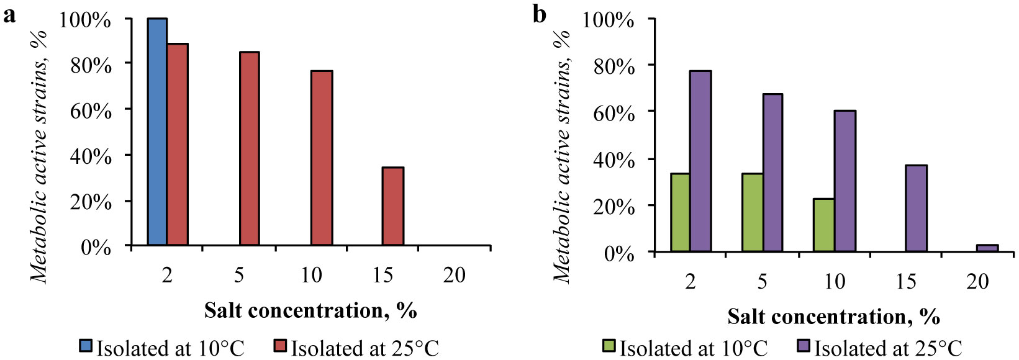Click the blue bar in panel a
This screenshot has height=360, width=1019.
point(157,132)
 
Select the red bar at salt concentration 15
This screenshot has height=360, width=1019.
point(393,206)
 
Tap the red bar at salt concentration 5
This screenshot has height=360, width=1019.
point(249,148)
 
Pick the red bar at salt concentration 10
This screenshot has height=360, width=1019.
point(322,158)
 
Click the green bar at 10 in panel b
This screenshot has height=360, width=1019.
point(824,225)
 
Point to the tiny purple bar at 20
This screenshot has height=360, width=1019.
point(987,248)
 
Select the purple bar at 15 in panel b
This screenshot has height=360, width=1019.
point(916,208)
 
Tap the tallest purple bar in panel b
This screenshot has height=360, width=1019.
point(700,161)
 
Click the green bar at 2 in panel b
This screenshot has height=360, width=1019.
point(680,212)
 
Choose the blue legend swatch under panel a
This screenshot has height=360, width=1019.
point(85,346)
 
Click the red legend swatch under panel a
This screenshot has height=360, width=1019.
point(280,346)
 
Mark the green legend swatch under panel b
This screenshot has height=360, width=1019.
point(609,346)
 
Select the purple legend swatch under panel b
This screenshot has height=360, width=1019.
point(804,346)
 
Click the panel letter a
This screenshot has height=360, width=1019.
point(9,15)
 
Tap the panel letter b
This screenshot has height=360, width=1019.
point(540,15)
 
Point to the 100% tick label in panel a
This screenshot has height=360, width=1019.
point(86,19)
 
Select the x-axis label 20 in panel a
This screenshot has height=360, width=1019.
point(454,275)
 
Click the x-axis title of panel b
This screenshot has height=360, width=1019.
point(833,317)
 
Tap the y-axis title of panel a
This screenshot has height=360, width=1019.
point(40,155)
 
